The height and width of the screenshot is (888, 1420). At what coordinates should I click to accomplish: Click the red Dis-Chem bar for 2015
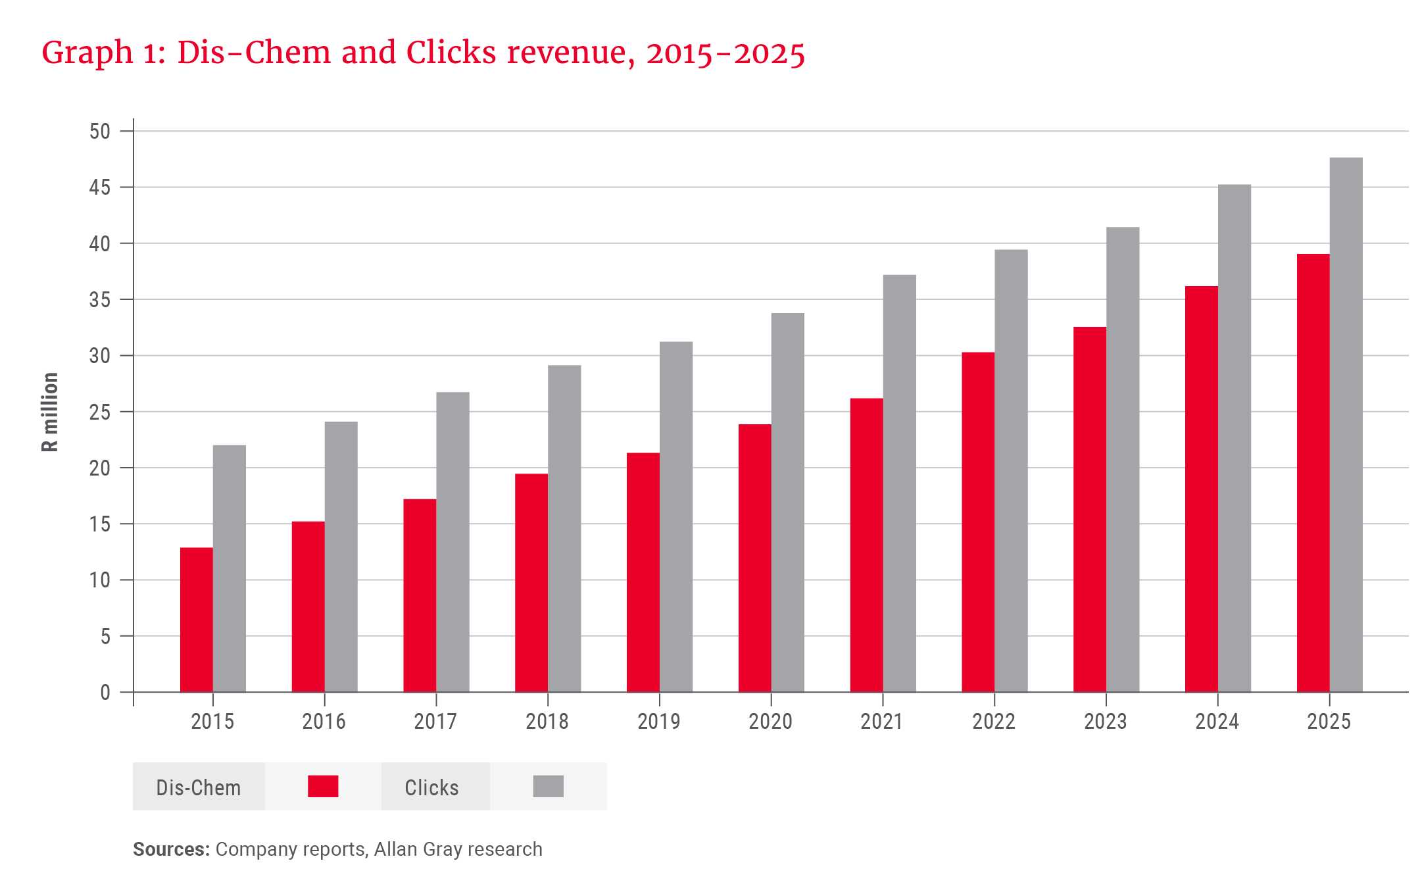click(196, 620)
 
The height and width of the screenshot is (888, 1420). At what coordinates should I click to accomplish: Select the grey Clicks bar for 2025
click(1346, 424)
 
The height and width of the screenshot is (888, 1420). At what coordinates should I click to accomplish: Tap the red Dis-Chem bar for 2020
click(754, 558)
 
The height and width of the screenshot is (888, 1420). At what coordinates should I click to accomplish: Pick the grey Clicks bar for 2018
click(564, 528)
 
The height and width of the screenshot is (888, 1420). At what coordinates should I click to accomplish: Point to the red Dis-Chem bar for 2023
click(1089, 509)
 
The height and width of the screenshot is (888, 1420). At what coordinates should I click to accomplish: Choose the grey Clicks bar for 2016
click(341, 556)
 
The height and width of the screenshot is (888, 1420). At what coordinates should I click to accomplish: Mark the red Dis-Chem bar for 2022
click(977, 522)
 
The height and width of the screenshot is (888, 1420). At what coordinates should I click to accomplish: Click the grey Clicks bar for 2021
click(899, 483)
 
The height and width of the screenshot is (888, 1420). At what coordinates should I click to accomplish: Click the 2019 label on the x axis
click(658, 722)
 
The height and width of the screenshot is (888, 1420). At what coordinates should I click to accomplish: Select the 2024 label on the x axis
click(1217, 722)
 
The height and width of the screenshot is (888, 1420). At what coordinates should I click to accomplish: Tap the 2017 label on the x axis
click(435, 722)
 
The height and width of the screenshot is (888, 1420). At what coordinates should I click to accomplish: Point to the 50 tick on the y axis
click(100, 132)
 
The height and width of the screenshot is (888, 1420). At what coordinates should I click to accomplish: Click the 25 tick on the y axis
click(100, 412)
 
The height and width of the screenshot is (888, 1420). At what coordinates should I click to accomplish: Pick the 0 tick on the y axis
click(105, 693)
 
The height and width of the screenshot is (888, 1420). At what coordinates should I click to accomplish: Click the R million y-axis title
click(50, 412)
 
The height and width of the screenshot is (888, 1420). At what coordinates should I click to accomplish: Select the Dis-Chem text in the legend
click(198, 787)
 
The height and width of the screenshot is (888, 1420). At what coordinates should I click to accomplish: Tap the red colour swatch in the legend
click(323, 786)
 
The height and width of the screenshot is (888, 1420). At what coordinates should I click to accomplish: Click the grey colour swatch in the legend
click(548, 786)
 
